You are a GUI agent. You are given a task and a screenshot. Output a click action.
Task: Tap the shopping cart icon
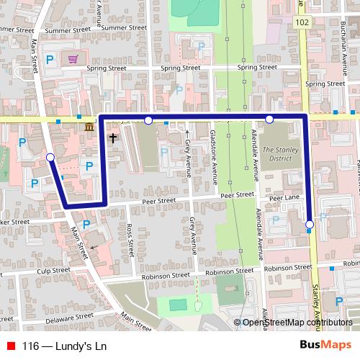[x=72, y=59]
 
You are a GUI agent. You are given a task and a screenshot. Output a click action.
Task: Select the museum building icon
[x=89, y=127]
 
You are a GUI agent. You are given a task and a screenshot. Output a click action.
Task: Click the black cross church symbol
[x=113, y=136]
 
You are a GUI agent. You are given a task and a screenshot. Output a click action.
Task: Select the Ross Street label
[x=130, y=238]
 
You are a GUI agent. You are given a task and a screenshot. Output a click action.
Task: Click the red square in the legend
[x=11, y=345]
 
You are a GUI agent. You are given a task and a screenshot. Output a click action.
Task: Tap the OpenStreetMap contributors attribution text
[x=297, y=323]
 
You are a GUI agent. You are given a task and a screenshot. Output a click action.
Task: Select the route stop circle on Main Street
[x=50, y=157]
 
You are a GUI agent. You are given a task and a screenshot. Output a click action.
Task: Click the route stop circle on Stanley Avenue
[x=310, y=225]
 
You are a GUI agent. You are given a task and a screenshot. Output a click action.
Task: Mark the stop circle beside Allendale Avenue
[x=269, y=120]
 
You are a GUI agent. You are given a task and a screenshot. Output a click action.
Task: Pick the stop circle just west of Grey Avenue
[x=148, y=120]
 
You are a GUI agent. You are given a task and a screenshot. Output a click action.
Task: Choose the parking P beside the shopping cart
[x=50, y=60]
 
